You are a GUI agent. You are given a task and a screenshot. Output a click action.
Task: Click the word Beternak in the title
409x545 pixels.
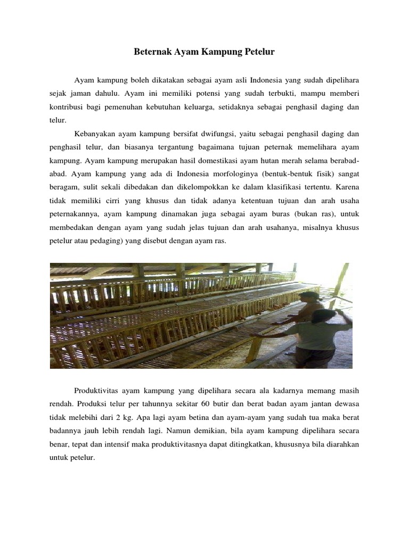[150, 52]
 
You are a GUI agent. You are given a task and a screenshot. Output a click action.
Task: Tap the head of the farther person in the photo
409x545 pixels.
[308, 296]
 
